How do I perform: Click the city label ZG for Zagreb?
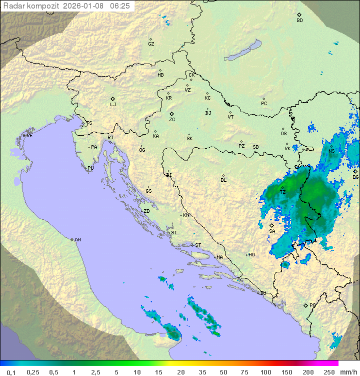pyautogui.click(x=172, y=120)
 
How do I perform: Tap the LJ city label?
pyautogui.click(x=113, y=105)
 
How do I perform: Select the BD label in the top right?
pyautogui.click(x=299, y=21)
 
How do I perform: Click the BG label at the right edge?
pyautogui.click(x=355, y=177)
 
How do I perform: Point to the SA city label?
pyautogui.click(x=272, y=231)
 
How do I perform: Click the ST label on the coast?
pyautogui.click(x=198, y=245)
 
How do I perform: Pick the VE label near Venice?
pyautogui.click(x=29, y=136)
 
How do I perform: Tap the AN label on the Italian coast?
pyautogui.click(x=77, y=240)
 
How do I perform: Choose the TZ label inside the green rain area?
pyautogui.click(x=282, y=192)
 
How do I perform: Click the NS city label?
pyautogui.click(x=331, y=151)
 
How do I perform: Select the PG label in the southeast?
pyautogui.click(x=312, y=305)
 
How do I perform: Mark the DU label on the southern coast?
pyautogui.click(x=263, y=293)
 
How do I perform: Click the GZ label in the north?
pyautogui.click(x=151, y=44)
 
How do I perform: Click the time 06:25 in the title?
pyautogui.click(x=120, y=6)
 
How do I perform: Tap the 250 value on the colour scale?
pyautogui.click(x=329, y=372)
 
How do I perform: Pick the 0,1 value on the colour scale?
pyautogui.click(x=11, y=372)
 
